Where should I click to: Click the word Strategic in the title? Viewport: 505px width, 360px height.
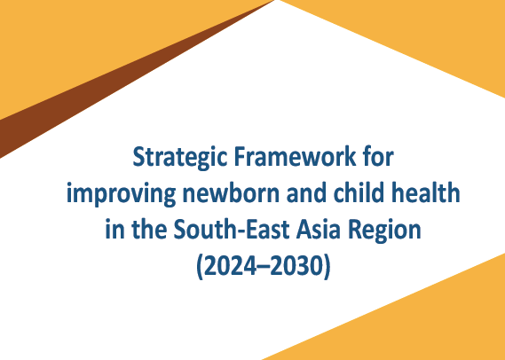179,158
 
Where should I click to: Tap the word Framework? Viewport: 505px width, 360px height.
295,157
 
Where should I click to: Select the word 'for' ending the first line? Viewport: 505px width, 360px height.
378,157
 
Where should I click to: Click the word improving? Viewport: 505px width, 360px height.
121,194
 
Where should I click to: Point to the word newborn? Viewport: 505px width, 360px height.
231,193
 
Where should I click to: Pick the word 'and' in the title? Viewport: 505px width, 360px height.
306,193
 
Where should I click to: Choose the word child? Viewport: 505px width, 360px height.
359,193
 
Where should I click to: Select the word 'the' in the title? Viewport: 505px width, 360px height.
149,230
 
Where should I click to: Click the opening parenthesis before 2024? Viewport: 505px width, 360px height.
200,267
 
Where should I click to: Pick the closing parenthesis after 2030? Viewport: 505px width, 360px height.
327,267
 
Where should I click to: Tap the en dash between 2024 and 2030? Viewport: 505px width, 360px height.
263,268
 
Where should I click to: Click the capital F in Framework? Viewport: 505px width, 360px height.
241,157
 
